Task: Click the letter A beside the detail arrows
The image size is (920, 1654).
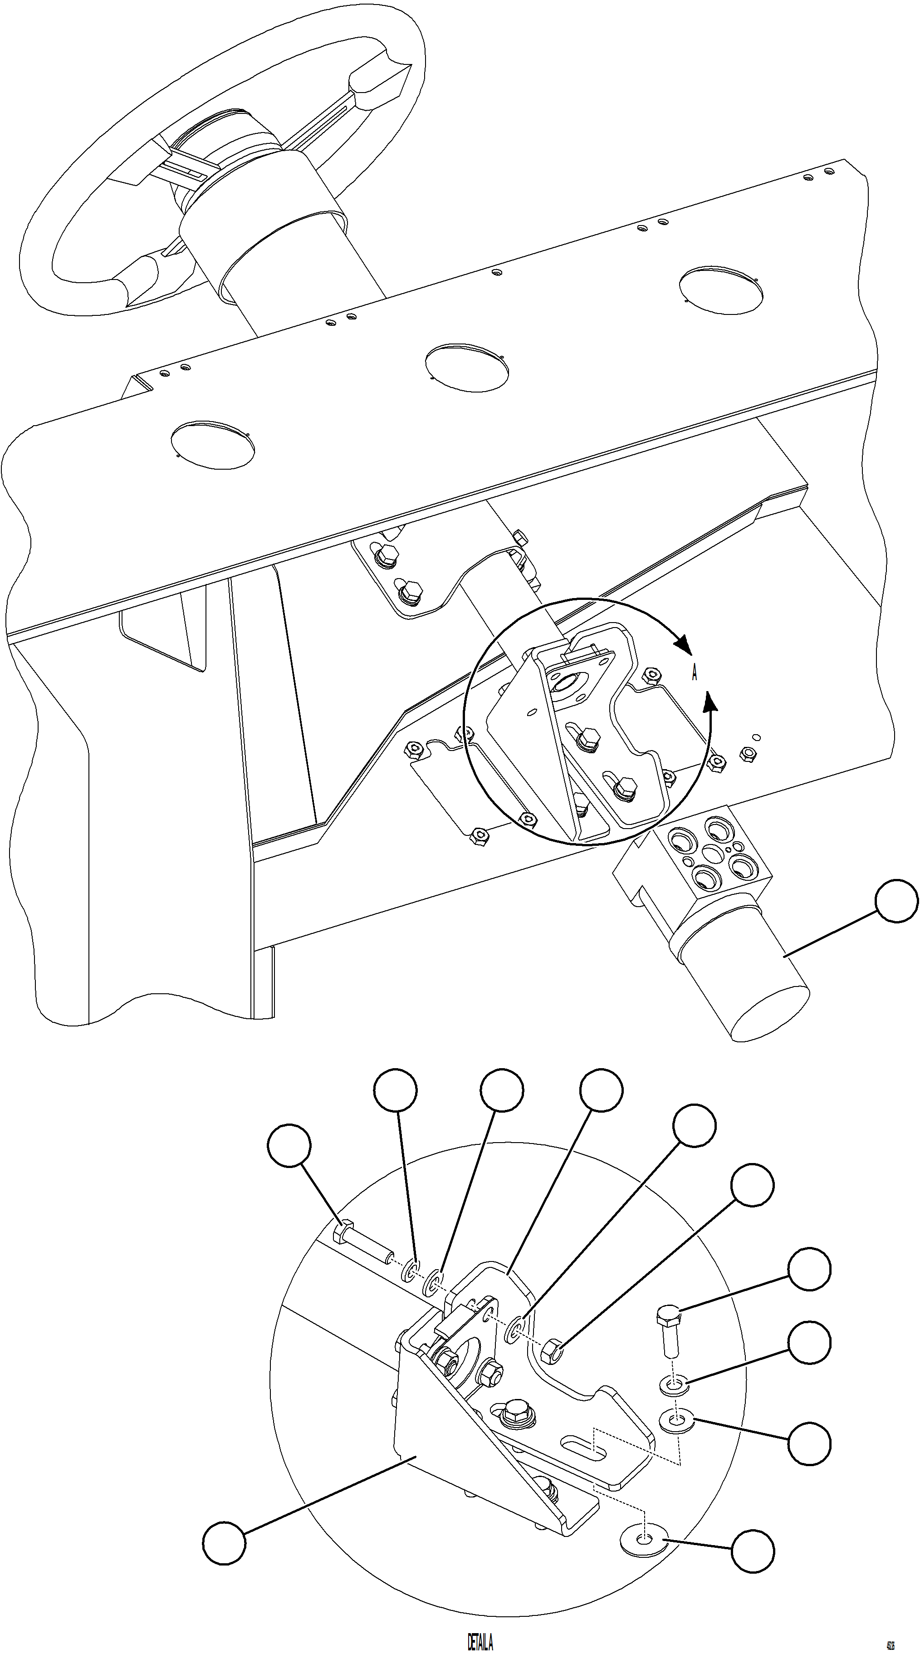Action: [695, 673]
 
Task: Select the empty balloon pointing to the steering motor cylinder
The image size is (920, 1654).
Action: [897, 902]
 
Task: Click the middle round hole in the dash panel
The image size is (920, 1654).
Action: [467, 367]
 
